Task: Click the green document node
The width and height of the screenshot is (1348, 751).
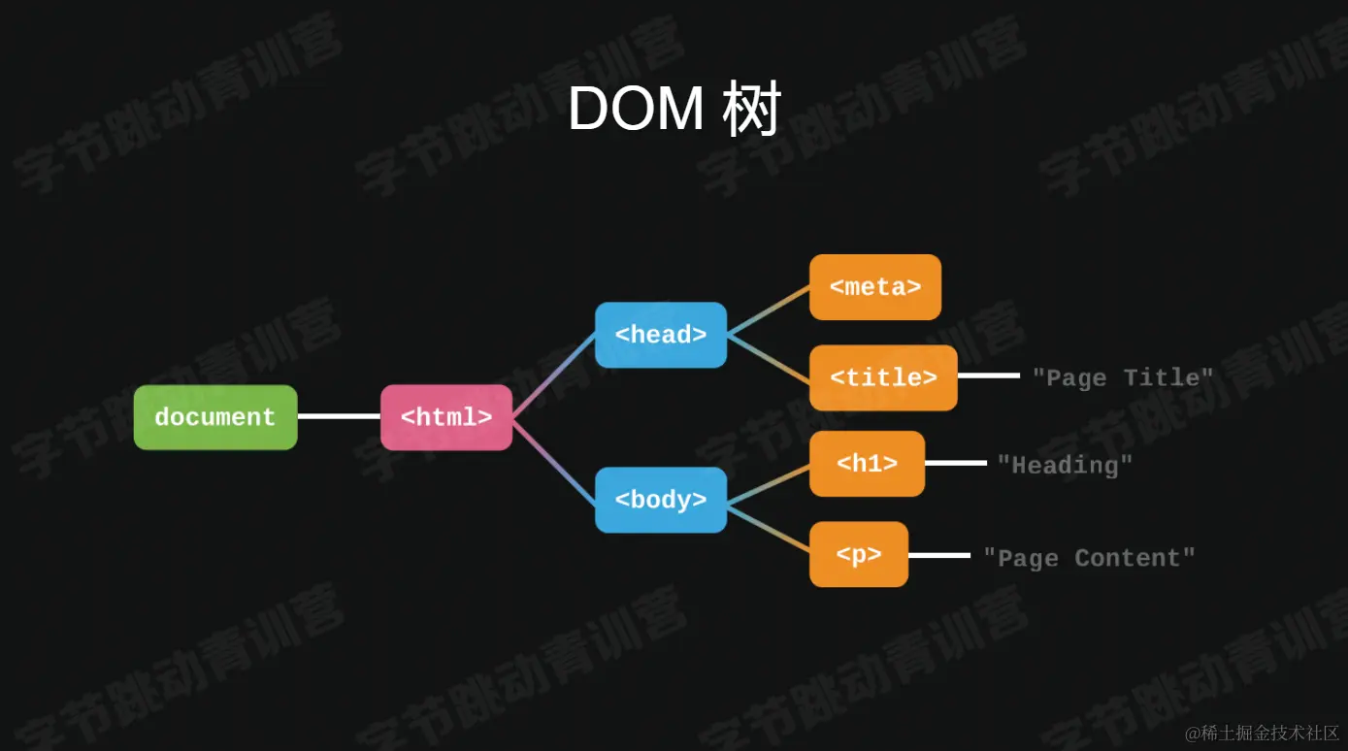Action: [x=215, y=417]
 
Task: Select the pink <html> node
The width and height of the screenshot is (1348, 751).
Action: [x=446, y=417]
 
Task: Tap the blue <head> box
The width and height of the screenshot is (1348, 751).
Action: [x=661, y=335]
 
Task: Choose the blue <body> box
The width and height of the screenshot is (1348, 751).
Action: [x=661, y=500]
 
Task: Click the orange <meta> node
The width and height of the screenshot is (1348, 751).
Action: [x=875, y=287]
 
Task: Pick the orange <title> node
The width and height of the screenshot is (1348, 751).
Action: [x=883, y=377]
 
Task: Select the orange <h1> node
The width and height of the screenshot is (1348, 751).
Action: [x=867, y=464]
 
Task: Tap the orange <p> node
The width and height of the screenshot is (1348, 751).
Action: [x=859, y=554]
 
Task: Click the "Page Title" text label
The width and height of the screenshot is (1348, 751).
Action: [x=1123, y=377]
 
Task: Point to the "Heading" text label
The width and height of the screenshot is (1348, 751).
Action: [x=1066, y=465]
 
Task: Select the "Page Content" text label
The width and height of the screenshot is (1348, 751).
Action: [x=1089, y=558]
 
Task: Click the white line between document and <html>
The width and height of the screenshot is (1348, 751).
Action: [x=339, y=416]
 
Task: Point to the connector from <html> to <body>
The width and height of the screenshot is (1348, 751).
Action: [x=553, y=459]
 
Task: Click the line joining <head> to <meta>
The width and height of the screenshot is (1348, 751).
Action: [x=769, y=310]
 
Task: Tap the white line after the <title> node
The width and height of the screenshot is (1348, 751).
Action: [x=988, y=375]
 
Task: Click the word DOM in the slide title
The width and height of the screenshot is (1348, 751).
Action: [x=636, y=109]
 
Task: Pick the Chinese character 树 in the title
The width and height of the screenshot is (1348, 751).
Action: [x=751, y=109]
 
